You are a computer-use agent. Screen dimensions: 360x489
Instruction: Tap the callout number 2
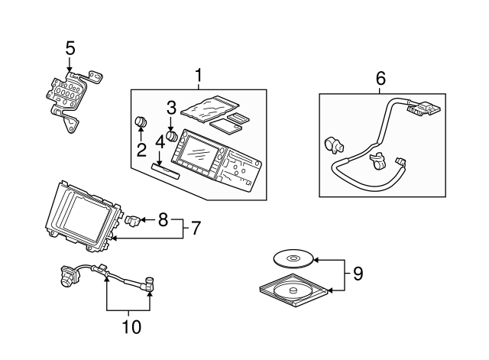pyautogui.click(x=141, y=149)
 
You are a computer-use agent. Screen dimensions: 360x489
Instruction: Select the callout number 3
pyautogui.click(x=171, y=106)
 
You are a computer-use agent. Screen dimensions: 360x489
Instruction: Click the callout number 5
pyautogui.click(x=70, y=49)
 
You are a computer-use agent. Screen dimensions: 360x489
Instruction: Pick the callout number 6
pyautogui.click(x=380, y=78)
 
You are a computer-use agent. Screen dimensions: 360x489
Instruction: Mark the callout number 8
pyautogui.click(x=163, y=221)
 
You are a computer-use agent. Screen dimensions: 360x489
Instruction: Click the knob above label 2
pyautogui.click(x=141, y=122)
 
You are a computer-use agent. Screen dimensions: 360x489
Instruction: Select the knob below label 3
pyautogui.click(x=172, y=135)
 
